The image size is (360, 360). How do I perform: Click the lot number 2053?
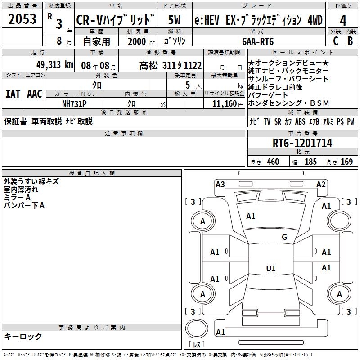(x=22, y=19)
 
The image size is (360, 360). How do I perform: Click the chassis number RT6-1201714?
(x=302, y=143)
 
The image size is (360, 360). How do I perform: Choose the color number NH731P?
(x=74, y=103)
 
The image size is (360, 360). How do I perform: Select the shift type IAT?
(x=13, y=94)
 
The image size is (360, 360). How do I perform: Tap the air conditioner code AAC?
(x=34, y=94)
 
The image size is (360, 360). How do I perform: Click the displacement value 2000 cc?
(x=137, y=41)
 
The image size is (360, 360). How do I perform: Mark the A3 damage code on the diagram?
(x=220, y=184)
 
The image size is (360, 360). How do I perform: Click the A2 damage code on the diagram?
(x=321, y=184)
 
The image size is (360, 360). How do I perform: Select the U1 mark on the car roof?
(x=271, y=269)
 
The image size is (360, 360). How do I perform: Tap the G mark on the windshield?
(x=284, y=237)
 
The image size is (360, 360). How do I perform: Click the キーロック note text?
(x=23, y=336)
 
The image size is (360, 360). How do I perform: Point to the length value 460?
(x=273, y=162)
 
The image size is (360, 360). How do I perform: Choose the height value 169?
(x=346, y=162)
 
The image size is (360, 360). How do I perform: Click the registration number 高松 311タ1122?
(x=171, y=65)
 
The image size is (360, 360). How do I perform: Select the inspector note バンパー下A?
(x=24, y=206)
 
